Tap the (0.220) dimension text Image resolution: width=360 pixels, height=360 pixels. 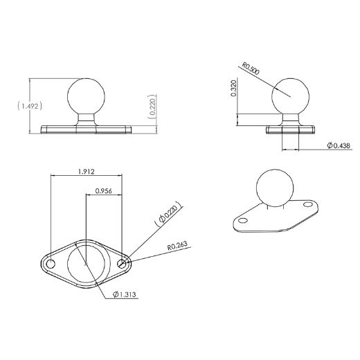(153, 106)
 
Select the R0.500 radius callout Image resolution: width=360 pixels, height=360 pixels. (250, 69)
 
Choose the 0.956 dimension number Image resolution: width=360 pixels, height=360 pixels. (104, 190)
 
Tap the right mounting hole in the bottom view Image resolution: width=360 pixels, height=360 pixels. (123, 264)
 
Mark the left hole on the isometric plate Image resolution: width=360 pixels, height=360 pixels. (244, 219)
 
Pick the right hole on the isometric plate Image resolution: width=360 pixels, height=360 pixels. (305, 205)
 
